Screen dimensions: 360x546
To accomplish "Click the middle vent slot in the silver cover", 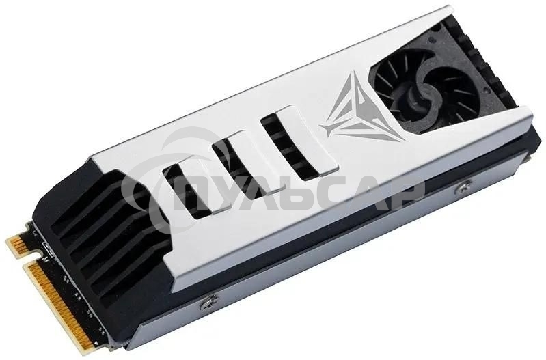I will [234, 154].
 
